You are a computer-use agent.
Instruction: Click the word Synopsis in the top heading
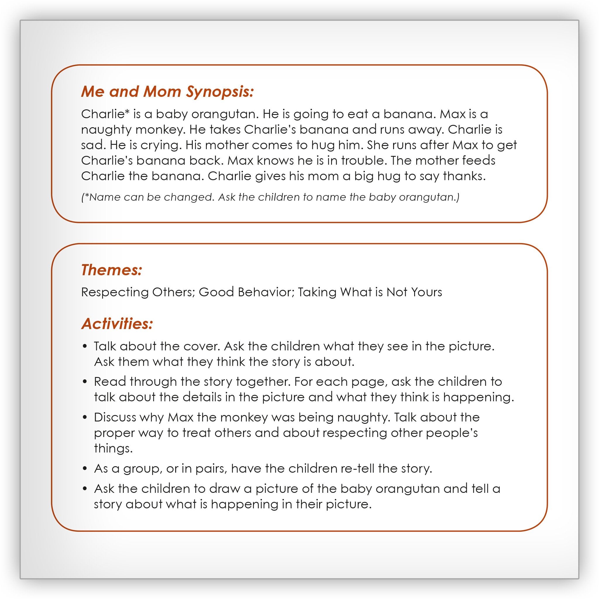220,92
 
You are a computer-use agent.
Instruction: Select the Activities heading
117,324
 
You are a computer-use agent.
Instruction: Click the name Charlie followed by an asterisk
105,114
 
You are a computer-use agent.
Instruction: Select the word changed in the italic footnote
189,197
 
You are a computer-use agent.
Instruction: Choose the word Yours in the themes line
426,292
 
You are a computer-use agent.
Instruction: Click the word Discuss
115,417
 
